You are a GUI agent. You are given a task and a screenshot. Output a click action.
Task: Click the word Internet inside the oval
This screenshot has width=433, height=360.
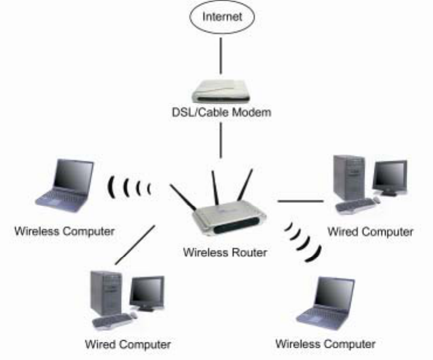click(x=221, y=16)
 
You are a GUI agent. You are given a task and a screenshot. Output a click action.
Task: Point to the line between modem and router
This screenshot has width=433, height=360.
click(x=221, y=140)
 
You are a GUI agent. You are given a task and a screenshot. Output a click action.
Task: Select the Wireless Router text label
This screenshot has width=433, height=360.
click(x=217, y=252)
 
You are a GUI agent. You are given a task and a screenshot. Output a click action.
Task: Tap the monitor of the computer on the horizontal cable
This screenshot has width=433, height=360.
click(x=389, y=176)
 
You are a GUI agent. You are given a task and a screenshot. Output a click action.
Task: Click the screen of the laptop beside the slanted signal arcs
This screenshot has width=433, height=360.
click(x=334, y=297)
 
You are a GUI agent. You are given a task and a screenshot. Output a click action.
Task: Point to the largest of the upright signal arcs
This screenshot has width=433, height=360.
click(x=111, y=186)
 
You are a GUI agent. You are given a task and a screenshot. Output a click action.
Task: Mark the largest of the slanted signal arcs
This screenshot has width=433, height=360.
click(x=316, y=253)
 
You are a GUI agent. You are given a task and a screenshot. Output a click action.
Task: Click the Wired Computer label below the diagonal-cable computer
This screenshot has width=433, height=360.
click(x=128, y=344)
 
